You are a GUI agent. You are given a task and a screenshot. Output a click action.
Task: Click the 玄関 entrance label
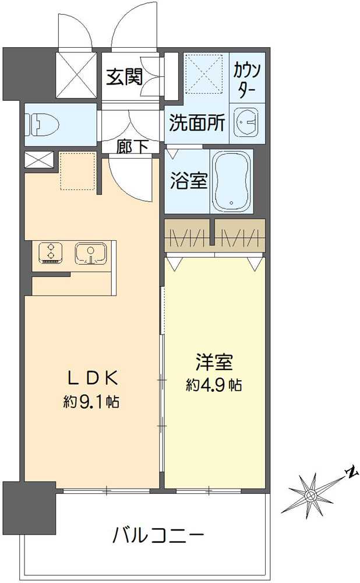coord(124,77)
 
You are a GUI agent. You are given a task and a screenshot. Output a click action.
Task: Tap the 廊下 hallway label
coord(132,147)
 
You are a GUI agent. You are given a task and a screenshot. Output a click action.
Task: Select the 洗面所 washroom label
coord(197,122)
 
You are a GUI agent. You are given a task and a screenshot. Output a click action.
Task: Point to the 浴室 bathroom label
coord(188,181)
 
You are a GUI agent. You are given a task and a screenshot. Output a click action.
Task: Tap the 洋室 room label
coord(214,363)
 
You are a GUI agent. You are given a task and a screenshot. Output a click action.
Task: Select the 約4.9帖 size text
coord(214,385)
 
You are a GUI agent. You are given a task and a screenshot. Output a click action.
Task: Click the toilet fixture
coord(44,124)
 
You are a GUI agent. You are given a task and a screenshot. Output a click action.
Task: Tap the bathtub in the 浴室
coord(231,182)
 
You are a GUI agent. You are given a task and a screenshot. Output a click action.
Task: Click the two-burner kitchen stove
coord(51,252)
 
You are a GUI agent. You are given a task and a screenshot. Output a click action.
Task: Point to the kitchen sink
coord(90,252)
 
